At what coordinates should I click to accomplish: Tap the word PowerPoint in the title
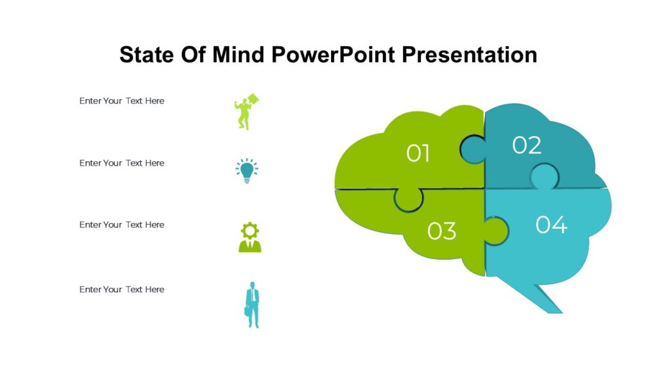pos(334,55)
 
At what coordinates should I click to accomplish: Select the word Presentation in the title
pos(470,55)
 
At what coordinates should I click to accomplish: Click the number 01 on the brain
pos(418,154)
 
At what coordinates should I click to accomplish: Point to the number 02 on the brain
pos(527,146)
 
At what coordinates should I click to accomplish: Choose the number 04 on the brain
pos(551,225)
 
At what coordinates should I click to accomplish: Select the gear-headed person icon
pos(250,237)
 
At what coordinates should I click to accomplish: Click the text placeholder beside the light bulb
pos(122,163)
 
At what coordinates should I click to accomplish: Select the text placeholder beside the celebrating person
pos(122,101)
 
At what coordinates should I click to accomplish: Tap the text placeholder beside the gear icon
pos(122,225)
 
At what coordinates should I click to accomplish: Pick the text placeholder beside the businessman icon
pos(122,290)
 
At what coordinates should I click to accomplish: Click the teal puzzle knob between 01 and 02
pos(474,149)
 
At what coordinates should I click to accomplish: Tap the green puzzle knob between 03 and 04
pos(496,229)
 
